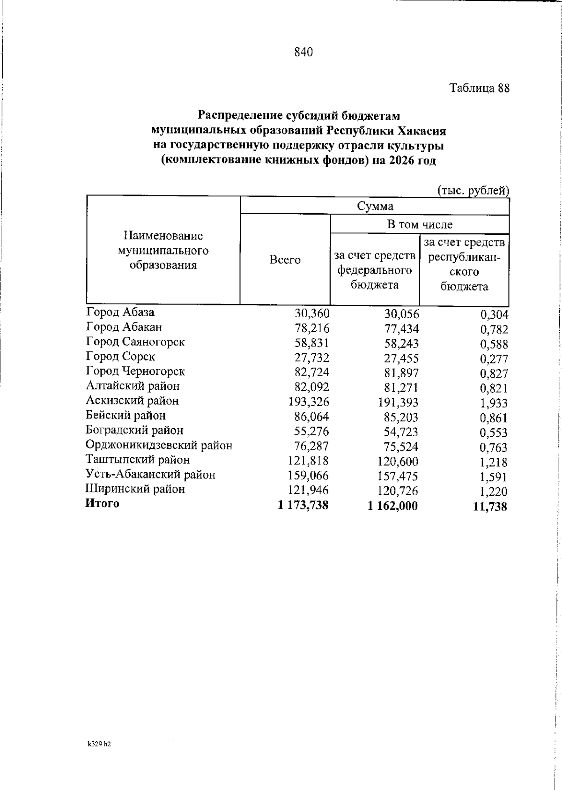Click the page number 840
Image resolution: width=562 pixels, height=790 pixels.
303,52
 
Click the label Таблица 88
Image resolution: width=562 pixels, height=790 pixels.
479,88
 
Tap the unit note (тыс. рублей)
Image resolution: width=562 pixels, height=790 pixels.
473,191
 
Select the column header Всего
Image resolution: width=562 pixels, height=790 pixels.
285,260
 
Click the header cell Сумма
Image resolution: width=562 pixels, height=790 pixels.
375,206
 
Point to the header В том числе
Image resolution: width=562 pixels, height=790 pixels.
420,224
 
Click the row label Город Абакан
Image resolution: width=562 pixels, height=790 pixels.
124,327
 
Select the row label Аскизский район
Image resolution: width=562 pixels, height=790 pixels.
132,401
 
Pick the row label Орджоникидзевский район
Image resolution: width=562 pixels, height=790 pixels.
159,445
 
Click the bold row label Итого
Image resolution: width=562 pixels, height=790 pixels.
102,504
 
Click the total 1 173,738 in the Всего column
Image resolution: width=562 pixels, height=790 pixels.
303,505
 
